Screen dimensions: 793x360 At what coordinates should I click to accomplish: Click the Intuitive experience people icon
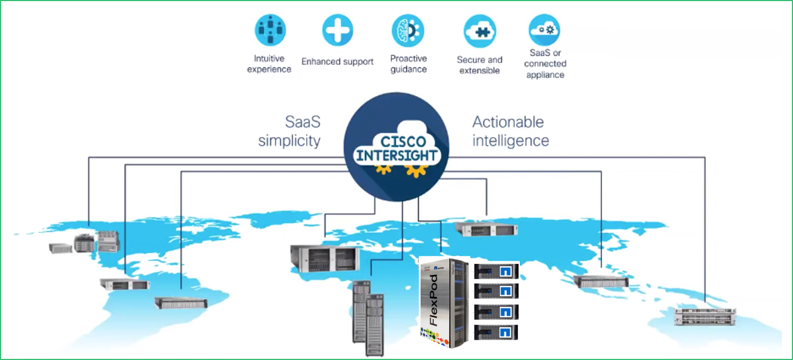[270, 30]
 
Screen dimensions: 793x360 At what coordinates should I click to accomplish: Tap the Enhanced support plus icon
[338, 30]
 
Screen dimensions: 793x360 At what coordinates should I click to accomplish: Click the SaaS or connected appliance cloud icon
[545, 30]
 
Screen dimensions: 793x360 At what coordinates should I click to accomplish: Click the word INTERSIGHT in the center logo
[397, 156]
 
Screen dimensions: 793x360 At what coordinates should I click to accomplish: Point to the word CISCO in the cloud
[403, 142]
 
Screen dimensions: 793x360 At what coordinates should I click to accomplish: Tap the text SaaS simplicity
[290, 131]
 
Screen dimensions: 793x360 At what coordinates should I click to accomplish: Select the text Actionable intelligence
[510, 131]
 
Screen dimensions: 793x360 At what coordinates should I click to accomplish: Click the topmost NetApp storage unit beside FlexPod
[496, 271]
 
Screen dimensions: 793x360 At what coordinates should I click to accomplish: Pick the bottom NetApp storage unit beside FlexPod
[496, 333]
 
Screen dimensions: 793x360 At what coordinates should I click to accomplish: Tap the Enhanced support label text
[338, 62]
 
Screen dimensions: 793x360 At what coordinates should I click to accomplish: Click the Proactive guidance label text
[408, 64]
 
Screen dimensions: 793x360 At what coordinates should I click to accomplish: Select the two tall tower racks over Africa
[368, 318]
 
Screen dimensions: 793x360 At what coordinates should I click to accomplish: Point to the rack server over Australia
[705, 317]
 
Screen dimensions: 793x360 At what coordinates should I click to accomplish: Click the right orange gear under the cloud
[416, 170]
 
